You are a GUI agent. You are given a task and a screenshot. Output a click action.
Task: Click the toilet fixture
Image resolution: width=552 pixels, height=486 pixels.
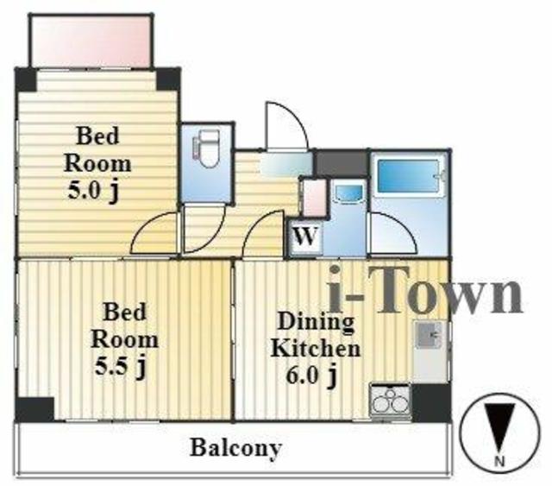[207, 148]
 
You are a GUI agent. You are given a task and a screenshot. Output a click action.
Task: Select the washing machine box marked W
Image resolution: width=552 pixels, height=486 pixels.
[305, 237]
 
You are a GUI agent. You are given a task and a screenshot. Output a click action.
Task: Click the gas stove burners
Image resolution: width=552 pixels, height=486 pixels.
[391, 401]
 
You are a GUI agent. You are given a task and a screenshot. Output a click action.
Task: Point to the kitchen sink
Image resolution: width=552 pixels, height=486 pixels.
[428, 334]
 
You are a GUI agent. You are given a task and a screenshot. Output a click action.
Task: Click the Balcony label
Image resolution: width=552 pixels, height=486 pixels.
[236, 448]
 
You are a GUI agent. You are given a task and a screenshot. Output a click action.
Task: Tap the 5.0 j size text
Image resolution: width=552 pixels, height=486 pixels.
[93, 193]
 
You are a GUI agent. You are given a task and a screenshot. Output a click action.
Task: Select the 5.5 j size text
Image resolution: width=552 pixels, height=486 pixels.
[120, 367]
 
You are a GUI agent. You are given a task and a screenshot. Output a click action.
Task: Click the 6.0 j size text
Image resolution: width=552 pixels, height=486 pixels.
[310, 376]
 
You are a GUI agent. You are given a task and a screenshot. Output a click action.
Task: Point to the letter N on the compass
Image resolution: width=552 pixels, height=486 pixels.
[499, 460]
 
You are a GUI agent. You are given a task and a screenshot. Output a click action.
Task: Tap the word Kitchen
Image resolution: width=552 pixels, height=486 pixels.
[316, 349]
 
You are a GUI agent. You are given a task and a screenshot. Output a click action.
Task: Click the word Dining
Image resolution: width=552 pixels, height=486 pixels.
[316, 321]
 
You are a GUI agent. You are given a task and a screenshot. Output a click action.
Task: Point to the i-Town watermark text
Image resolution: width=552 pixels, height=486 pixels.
[425, 290]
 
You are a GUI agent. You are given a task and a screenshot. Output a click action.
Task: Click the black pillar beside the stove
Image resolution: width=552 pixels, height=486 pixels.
[431, 402]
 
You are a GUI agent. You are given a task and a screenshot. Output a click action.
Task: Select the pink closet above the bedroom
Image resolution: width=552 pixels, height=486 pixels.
[91, 41]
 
